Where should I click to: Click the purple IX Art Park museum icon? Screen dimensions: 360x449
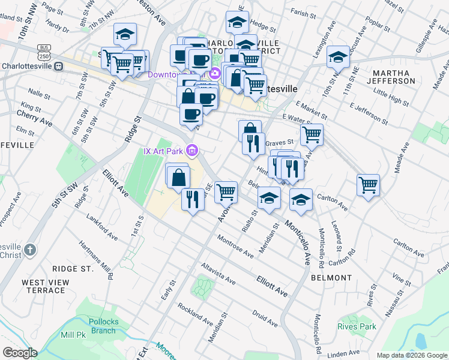(x=191, y=150)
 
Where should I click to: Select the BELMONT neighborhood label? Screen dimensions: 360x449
(x=331, y=278)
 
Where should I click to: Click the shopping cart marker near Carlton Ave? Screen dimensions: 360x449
(x=368, y=184)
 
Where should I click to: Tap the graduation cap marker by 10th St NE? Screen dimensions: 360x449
(x=338, y=56)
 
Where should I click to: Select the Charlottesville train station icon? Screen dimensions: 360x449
(x=59, y=66)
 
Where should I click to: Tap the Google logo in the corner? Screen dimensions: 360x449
(x=20, y=352)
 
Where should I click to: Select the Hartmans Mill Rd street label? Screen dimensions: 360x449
(x=98, y=259)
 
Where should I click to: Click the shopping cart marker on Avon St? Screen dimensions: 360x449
(x=226, y=191)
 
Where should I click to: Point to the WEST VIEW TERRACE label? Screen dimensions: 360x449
(x=43, y=286)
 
